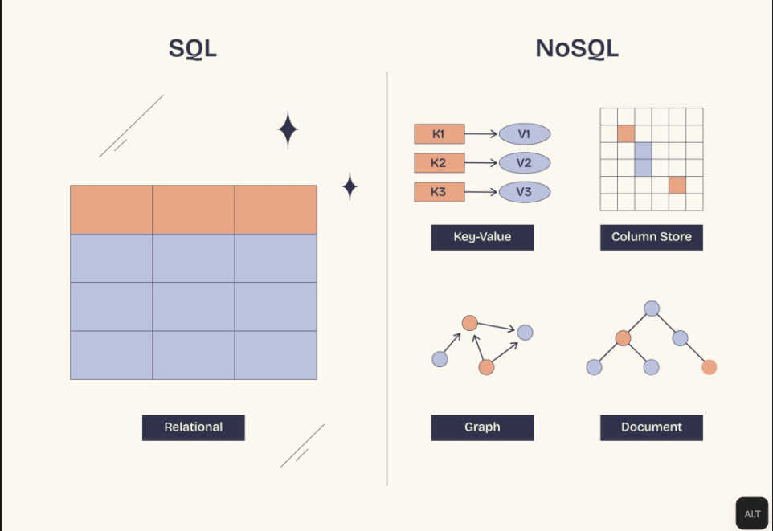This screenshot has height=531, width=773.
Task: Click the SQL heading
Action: pos(193,48)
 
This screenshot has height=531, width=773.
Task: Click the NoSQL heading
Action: pos(577,48)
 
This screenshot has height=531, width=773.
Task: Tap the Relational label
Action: pos(194,427)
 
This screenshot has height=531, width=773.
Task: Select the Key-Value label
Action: pos(482,237)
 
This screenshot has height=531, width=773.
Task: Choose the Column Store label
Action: pos(652,237)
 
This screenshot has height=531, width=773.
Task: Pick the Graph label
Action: pos(482,427)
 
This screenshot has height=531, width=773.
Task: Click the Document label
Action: pos(652,427)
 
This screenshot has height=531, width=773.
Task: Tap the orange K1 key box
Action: pos(439,134)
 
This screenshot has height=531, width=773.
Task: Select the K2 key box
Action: pos(439,163)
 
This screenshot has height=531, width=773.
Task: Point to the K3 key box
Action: pos(439,192)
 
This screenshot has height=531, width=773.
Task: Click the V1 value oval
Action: pos(525,134)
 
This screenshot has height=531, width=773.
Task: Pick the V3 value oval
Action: pos(525,192)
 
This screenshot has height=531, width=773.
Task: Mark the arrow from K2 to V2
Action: pos(481,163)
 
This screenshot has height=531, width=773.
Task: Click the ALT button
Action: pos(753,514)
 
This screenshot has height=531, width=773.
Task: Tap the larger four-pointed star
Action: pos(288,129)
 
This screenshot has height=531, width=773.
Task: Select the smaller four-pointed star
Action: pos(350,186)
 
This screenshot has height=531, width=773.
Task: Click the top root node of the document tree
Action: pos(652,308)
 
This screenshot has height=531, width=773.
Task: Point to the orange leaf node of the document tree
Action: pos(709,367)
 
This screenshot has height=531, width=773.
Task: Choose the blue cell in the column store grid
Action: pos(643,159)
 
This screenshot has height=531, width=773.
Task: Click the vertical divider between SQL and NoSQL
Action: pos(386,281)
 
